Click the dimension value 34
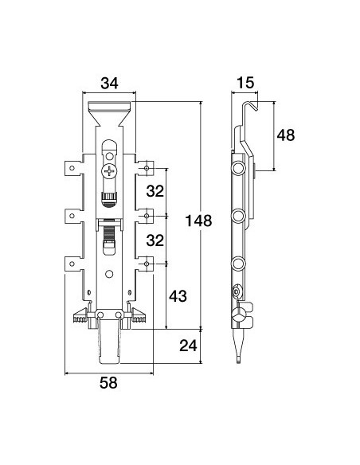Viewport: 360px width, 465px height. click(x=109, y=84)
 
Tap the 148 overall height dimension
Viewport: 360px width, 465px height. click(x=198, y=221)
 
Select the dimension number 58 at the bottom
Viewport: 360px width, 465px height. click(x=108, y=382)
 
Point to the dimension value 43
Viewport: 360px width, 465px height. click(x=178, y=296)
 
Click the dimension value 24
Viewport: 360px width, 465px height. click(x=188, y=346)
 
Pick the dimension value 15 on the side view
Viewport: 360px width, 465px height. click(x=245, y=83)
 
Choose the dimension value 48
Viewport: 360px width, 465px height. click(x=286, y=135)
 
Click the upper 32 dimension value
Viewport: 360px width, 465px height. click(x=155, y=192)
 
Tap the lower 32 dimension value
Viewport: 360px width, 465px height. click(x=155, y=240)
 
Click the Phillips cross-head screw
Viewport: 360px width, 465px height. click(x=109, y=171)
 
